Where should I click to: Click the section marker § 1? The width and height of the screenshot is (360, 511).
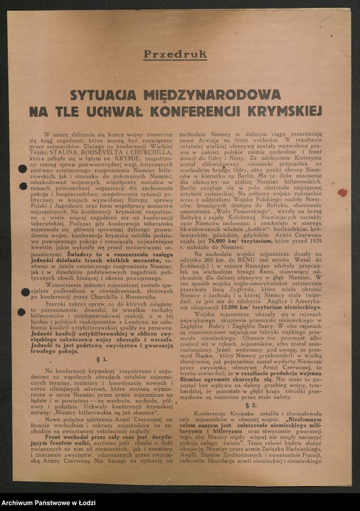pos(102,360)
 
